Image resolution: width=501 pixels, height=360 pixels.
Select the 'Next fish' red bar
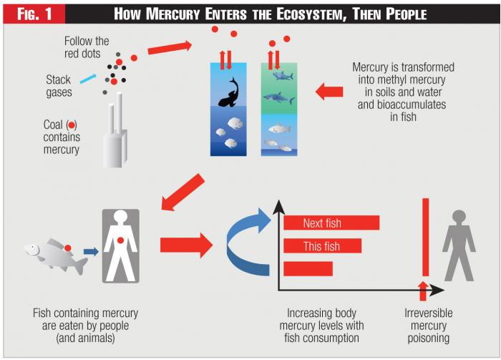331,223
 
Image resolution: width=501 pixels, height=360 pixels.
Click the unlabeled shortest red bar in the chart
308,269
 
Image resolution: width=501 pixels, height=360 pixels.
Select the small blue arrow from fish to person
90,251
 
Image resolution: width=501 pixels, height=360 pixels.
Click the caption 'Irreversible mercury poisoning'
429,325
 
